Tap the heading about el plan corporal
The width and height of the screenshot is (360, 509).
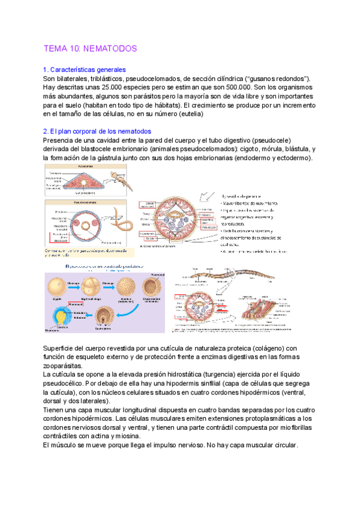(x=97, y=131)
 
